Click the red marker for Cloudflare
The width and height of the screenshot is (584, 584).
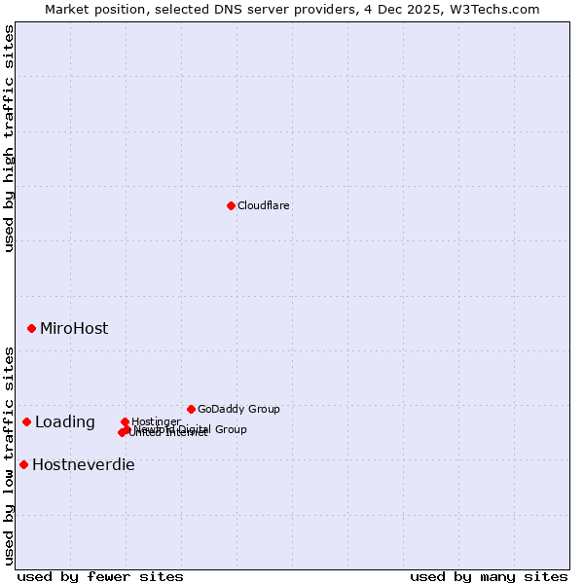(x=231, y=205)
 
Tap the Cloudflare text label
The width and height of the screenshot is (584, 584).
(x=264, y=205)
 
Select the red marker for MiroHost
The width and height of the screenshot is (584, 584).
(x=31, y=329)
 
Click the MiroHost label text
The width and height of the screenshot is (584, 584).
(x=74, y=329)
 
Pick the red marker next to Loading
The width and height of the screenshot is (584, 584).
(x=26, y=421)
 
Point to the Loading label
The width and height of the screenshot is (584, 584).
(x=65, y=422)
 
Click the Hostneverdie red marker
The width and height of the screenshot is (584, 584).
(x=23, y=464)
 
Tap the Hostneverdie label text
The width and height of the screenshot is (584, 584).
(x=84, y=465)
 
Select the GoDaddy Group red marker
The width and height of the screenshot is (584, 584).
(x=191, y=409)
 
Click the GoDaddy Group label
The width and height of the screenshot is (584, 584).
(x=238, y=409)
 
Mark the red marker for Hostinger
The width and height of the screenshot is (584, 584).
(x=125, y=421)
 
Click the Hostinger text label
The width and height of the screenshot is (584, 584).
(x=157, y=421)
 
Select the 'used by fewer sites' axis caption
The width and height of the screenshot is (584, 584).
(x=100, y=576)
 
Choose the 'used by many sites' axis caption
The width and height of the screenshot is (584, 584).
(x=489, y=576)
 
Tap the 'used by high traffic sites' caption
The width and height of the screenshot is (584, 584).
(x=9, y=138)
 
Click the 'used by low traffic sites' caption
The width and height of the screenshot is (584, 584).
(x=9, y=455)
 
